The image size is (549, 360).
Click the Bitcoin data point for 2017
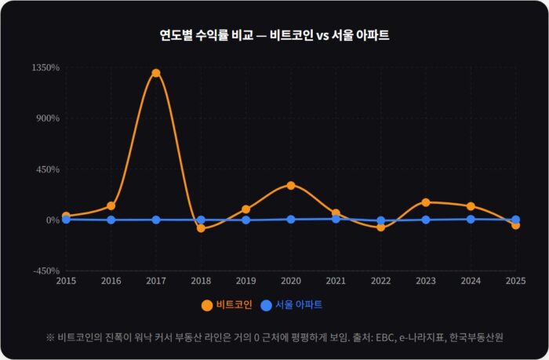(156, 73)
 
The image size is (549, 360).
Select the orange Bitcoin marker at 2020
(291, 186)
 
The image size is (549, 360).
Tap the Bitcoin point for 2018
(201, 228)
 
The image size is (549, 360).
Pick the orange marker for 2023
(426, 202)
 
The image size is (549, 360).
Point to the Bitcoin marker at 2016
(111, 205)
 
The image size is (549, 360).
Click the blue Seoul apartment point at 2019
(246, 220)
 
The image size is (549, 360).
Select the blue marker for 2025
(515, 220)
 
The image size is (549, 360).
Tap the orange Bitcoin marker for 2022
(381, 227)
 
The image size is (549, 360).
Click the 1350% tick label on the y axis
(45, 67)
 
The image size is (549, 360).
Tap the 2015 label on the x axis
(66, 281)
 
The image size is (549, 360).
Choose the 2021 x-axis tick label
(336, 281)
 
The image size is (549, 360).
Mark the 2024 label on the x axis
(471, 281)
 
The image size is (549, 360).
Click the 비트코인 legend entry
(227, 305)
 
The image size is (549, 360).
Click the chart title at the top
(274, 35)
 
